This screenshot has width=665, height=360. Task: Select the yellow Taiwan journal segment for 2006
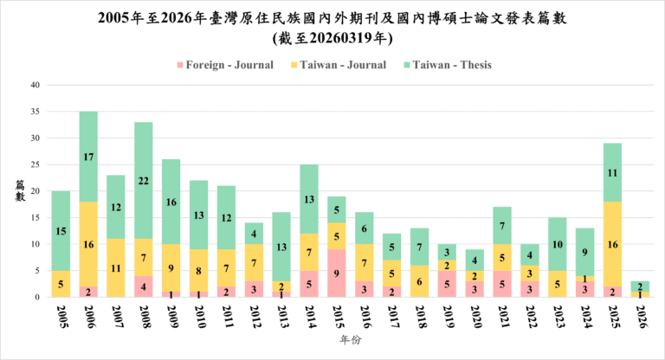88,244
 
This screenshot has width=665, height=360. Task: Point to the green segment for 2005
61,230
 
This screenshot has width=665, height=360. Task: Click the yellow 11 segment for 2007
116,268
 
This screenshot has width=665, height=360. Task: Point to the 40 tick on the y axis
35,85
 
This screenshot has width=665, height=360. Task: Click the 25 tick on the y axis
35,164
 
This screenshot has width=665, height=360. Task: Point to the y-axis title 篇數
19,190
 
